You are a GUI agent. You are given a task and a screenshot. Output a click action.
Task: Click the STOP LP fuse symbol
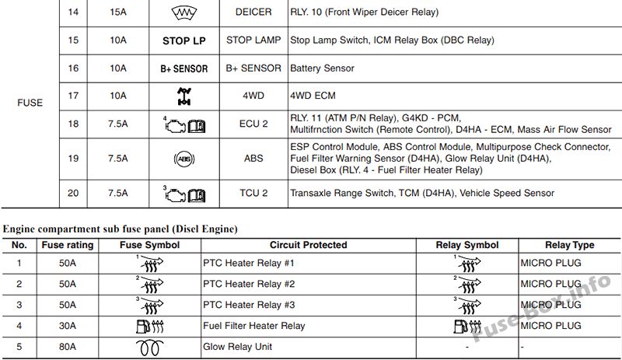[184, 41]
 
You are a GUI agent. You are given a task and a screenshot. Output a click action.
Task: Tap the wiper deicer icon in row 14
[184, 13]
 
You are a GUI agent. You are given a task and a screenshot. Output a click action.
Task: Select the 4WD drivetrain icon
[184, 96]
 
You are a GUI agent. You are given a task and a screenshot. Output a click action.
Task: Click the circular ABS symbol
[184, 159]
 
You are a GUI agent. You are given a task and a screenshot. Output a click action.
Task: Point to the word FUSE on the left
[30, 103]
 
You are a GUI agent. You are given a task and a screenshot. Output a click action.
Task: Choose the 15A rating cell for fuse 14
[118, 12]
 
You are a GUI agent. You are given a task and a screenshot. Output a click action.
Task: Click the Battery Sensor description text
[322, 68]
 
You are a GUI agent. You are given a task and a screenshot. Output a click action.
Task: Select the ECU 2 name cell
[253, 124]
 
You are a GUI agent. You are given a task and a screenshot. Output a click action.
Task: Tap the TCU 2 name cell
[253, 194]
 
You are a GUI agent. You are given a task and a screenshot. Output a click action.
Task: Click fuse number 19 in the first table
[73, 159]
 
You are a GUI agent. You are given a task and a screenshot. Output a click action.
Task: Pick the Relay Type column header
[570, 245]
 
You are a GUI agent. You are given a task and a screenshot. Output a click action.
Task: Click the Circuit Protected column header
[308, 245]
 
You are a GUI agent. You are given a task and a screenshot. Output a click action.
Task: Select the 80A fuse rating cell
[68, 347]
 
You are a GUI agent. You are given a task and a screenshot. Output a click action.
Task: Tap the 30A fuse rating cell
[68, 326]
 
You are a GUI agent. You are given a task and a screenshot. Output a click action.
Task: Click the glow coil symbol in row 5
[149, 348]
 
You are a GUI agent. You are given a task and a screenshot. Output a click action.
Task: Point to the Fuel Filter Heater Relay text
[254, 326]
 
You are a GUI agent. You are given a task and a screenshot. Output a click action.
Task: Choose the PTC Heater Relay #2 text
[249, 284]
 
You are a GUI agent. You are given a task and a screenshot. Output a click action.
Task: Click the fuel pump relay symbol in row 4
[467, 327]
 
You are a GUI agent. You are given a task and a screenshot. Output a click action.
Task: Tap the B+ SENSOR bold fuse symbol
[184, 68]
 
